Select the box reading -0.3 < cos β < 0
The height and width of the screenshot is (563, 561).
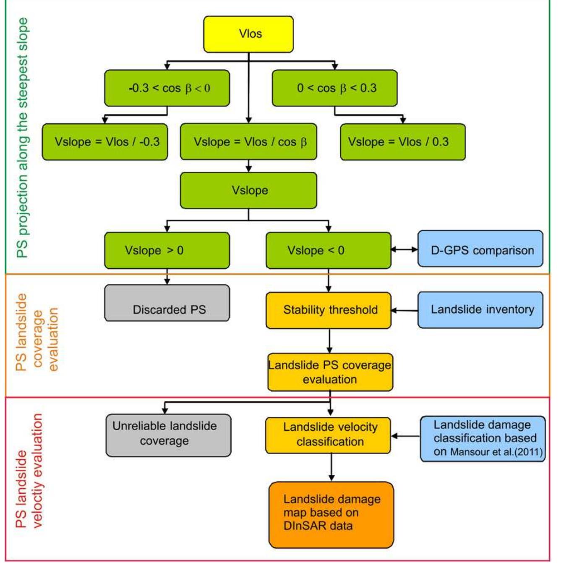(167, 88)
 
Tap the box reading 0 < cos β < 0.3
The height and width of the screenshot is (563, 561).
(334, 88)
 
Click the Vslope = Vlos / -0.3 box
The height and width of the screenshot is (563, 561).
(105, 142)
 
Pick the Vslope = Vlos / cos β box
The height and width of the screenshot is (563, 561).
(248, 142)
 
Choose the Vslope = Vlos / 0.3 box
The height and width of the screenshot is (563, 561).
(402, 142)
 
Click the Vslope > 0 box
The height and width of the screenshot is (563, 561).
(167, 251)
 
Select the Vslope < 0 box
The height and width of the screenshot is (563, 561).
(328, 251)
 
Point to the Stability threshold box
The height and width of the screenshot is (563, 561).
(328, 310)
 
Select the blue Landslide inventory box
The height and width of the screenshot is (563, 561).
(480, 310)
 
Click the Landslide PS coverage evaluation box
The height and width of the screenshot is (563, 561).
(330, 372)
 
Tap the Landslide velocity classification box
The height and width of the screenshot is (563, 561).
(328, 435)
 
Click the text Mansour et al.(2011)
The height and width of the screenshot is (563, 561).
(496, 453)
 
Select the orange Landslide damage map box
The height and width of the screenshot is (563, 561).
(331, 515)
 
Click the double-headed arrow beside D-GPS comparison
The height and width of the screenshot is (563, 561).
(404, 249)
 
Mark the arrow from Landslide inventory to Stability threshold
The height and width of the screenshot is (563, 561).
(404, 311)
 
